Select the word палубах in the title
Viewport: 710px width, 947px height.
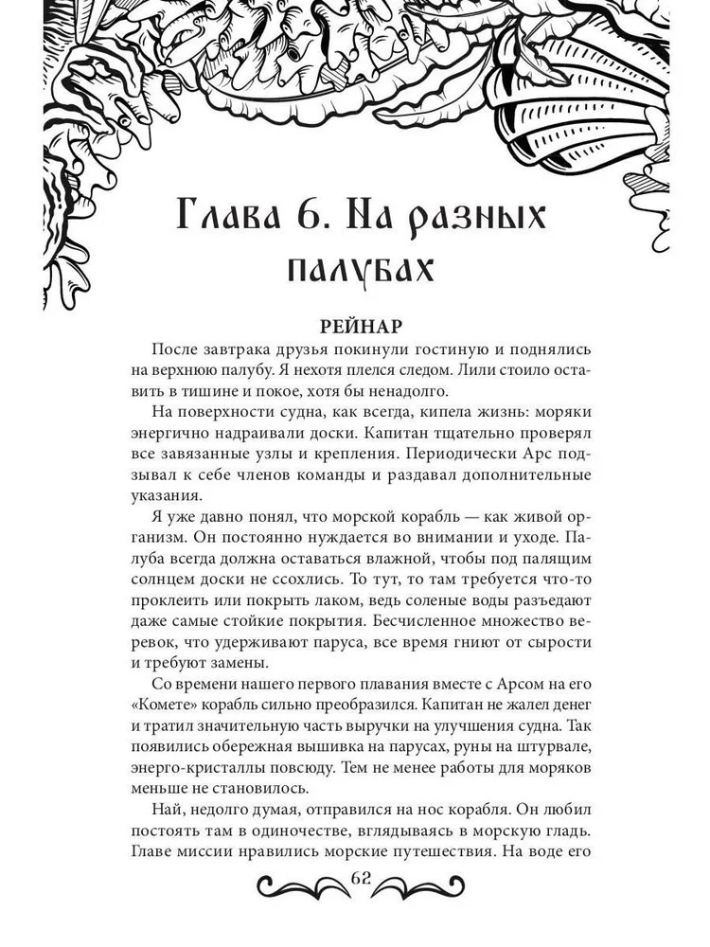(359, 271)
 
